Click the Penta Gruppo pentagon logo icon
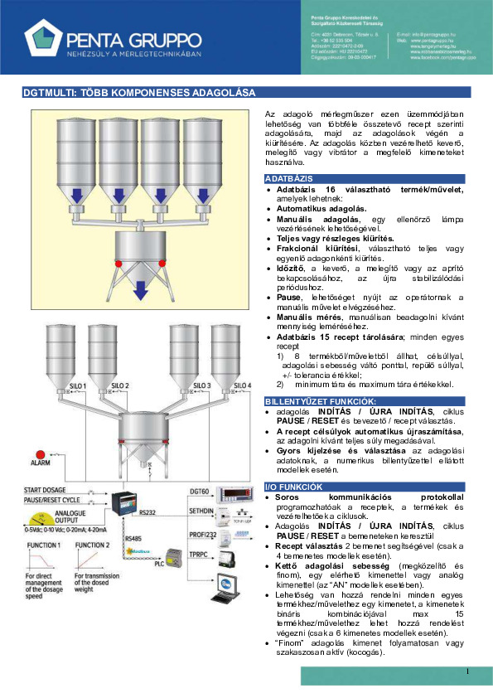[x=43, y=38]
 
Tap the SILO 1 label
[x=77, y=410]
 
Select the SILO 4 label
[x=241, y=410]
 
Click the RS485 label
[x=133, y=539]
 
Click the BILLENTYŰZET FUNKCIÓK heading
[x=308, y=402]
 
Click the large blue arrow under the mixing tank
[x=140, y=289]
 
